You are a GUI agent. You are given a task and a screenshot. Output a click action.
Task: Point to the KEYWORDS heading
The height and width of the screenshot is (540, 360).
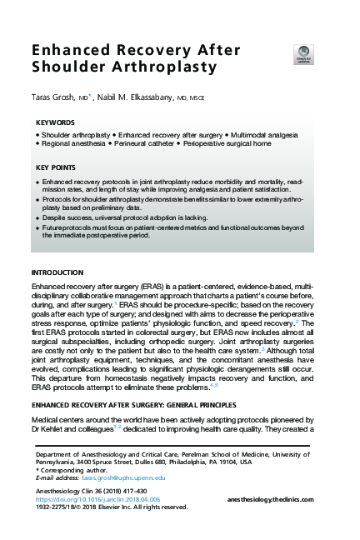pos(56,122)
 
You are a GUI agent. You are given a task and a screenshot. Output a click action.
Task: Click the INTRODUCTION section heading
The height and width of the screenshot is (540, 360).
pos(57,272)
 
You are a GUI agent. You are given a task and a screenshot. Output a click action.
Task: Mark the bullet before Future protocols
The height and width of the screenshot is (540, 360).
pos(37,227)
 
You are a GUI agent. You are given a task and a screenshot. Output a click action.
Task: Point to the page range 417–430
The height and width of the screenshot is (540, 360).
pos(132,490)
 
